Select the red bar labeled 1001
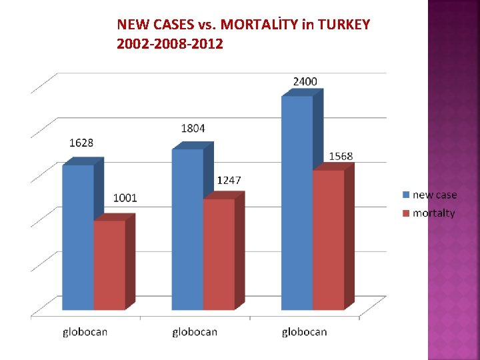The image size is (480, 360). point(109,265)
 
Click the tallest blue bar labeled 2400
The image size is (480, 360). point(297,203)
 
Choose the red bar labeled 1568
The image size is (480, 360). point(329,239)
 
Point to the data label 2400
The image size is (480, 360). point(305,81)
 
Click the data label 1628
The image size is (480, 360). point(81,143)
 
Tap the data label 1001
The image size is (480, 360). point(125,198)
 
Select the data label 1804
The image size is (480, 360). point(193,128)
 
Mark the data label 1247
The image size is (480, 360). point(229,181)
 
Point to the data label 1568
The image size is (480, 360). point(341,156)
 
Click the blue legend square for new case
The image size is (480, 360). point(405,195)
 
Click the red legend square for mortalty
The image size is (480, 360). point(405,213)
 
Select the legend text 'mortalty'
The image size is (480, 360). point(433,213)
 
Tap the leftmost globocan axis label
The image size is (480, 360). point(85,331)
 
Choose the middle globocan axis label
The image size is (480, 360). point(195,331)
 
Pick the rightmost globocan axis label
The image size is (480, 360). point(304,331)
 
